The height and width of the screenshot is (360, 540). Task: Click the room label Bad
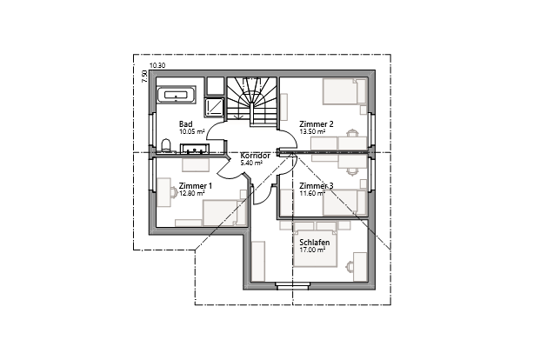click(185, 124)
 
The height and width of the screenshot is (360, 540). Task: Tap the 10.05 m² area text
click(191, 131)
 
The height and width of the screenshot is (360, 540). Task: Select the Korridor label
click(255, 156)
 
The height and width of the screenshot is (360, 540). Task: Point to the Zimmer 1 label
click(195, 186)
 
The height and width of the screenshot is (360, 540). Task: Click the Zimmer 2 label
click(316, 124)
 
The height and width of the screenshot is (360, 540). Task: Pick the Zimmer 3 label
click(316, 186)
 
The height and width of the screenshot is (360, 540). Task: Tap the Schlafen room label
click(314, 243)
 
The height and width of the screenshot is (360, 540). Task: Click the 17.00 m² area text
click(314, 250)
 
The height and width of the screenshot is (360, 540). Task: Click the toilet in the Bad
click(165, 144)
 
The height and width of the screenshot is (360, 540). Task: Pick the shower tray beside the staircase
click(214, 106)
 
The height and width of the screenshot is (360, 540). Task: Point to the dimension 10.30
click(157, 66)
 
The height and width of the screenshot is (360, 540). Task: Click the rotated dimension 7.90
click(145, 77)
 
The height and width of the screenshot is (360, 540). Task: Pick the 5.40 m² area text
click(252, 163)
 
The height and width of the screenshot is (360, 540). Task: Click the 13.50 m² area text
click(313, 131)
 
